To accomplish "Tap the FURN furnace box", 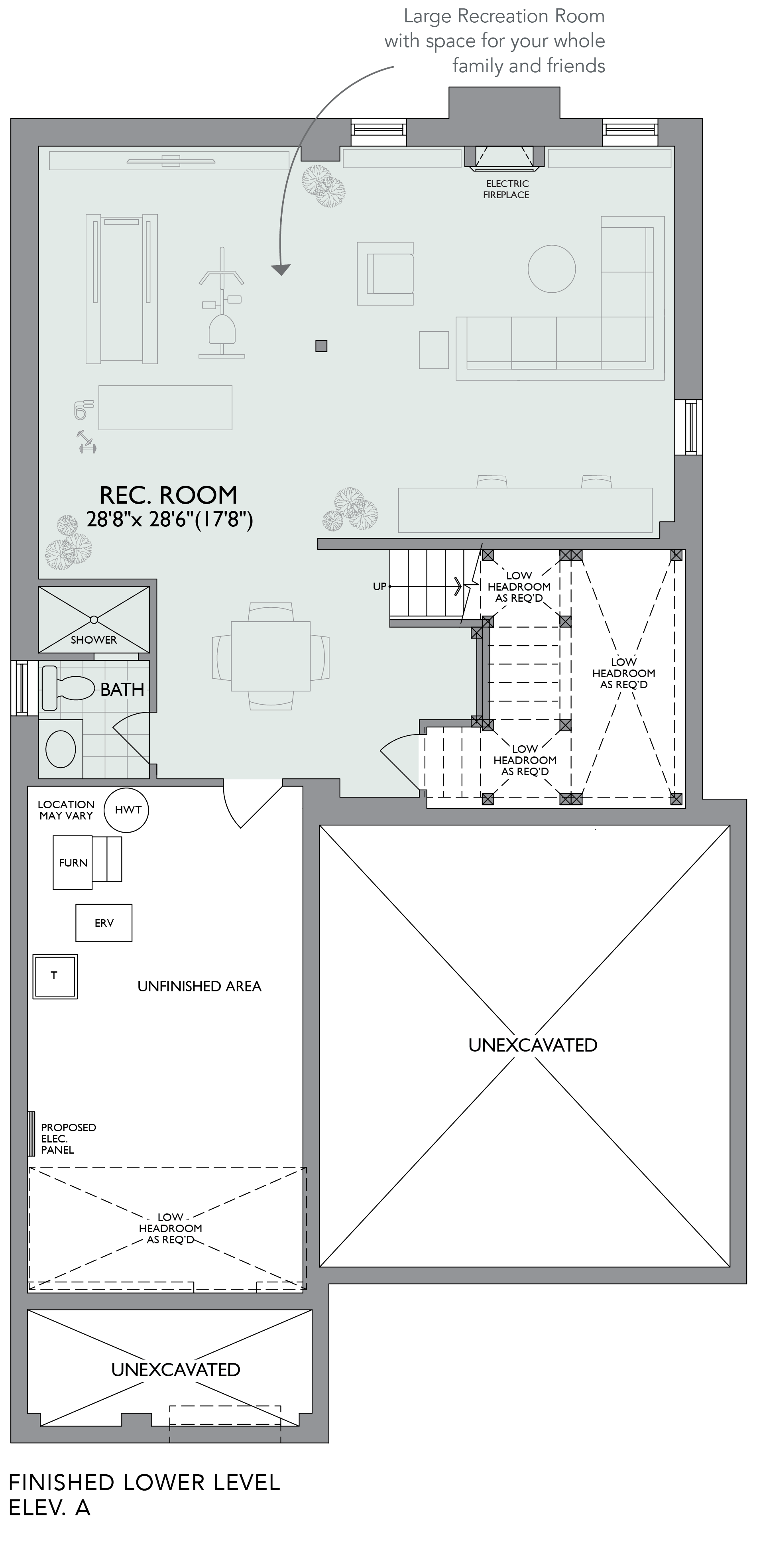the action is click(73, 863).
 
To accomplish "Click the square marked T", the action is click(55, 977).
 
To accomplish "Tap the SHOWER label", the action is click(94, 640).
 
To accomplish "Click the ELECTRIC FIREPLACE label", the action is click(507, 189).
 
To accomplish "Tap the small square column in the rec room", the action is click(322, 346).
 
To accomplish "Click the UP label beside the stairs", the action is click(379, 586).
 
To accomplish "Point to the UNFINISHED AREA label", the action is click(200, 986).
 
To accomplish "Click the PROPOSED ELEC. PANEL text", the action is click(68, 1138).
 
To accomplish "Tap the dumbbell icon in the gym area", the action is click(87, 441).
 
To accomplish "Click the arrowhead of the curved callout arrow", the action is click(281, 269).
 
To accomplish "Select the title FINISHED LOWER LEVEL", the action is click(145, 1482).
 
